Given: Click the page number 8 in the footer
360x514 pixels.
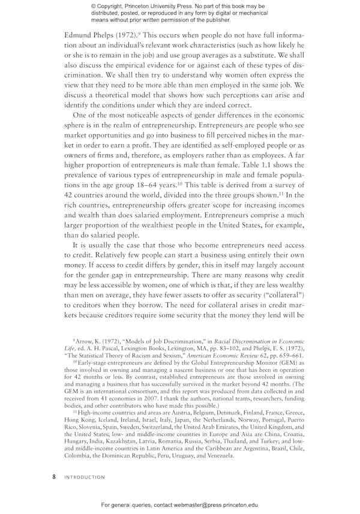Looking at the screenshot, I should tap(54, 477).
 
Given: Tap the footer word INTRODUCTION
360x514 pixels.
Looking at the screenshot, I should tap(85, 477).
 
